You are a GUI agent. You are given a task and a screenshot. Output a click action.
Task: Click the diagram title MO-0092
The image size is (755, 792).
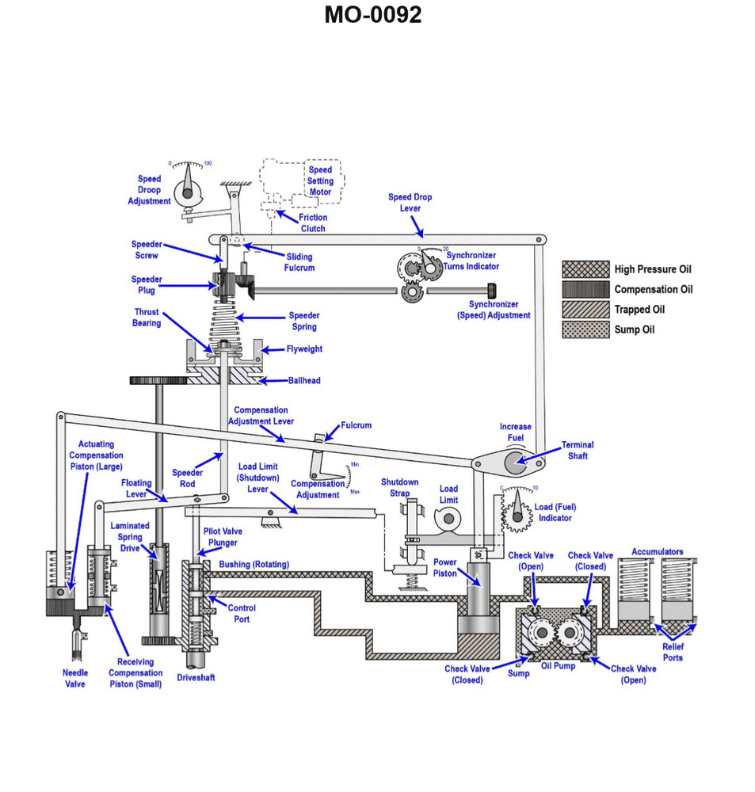372,15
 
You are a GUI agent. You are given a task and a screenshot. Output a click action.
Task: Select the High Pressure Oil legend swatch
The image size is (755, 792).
585,269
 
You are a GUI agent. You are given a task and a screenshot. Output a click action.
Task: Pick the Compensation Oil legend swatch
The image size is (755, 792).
585,289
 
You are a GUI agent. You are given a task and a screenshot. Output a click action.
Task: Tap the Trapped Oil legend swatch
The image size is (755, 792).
585,310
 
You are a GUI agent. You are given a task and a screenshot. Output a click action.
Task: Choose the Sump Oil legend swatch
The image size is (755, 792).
585,329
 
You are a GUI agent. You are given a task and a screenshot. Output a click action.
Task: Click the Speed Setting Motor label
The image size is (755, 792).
320,181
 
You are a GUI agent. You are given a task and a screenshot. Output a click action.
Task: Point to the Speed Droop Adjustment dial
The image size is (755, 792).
188,190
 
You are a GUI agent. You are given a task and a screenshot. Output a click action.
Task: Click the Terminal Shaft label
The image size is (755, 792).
578,450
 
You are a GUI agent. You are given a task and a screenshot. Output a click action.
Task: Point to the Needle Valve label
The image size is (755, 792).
75,678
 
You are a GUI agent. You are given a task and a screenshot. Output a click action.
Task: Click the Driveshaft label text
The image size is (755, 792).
196,678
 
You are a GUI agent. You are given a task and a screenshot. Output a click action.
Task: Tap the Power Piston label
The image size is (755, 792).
444,567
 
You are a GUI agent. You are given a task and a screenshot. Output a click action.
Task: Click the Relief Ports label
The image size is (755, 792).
673,652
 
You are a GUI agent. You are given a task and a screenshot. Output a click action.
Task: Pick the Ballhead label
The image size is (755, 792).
304,381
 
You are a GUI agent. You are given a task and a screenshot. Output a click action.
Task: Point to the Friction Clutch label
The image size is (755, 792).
313,223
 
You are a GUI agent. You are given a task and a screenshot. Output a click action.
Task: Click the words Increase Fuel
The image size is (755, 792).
515,432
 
